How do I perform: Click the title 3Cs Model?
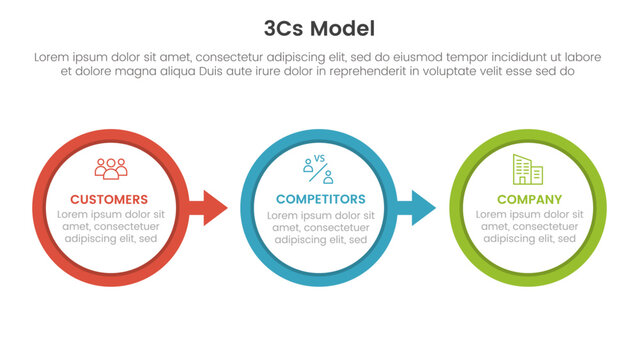[319, 28]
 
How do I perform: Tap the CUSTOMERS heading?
[110, 199]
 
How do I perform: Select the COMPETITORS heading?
[320, 199]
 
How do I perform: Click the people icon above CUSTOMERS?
[110, 168]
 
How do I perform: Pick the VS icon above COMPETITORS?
[320, 169]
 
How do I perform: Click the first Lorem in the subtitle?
[52, 58]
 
